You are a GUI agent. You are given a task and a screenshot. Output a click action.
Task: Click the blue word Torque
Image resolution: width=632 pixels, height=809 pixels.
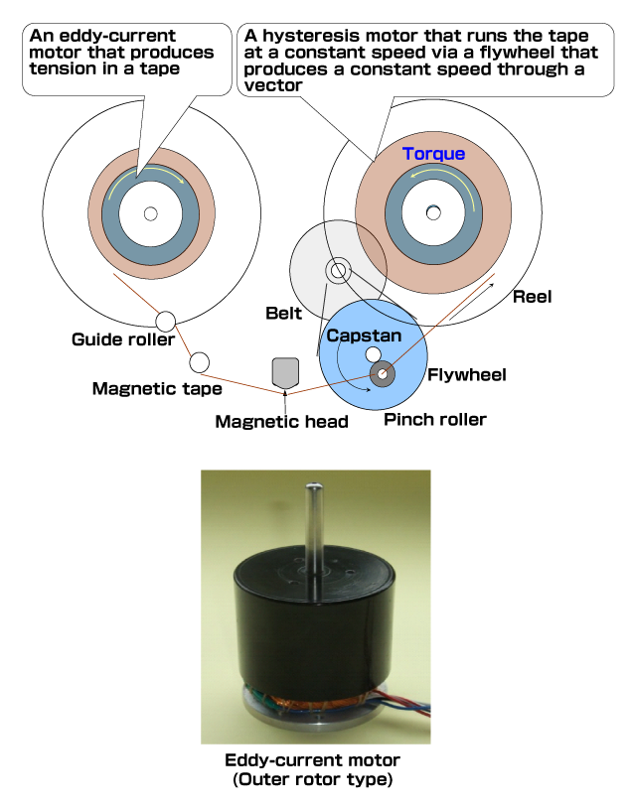[x=433, y=155]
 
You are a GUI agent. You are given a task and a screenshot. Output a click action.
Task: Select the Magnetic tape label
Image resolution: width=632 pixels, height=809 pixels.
[x=142, y=388]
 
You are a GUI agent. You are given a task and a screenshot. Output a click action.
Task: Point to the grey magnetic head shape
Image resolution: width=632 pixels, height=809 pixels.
[x=286, y=371]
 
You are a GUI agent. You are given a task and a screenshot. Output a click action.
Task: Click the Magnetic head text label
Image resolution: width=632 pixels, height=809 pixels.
[x=281, y=422]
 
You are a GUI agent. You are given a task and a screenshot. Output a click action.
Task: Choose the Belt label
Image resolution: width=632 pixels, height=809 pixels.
[x=283, y=314]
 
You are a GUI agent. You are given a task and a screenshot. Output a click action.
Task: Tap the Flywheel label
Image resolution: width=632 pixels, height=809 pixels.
[x=466, y=374]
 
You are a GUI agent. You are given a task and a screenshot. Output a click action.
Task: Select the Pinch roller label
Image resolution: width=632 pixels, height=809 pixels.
[x=435, y=420]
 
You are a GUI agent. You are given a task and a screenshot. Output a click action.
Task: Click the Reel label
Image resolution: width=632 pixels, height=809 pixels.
[x=532, y=296]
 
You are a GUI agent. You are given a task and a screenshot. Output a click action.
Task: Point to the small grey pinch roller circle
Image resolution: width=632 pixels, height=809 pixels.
[x=382, y=374]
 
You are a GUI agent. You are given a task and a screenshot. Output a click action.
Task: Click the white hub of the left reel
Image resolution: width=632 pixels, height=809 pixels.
[x=150, y=213]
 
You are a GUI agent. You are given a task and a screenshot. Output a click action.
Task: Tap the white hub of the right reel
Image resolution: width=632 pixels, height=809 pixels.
[x=433, y=212]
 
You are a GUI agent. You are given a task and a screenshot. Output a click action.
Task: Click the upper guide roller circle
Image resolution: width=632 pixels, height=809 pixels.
[x=165, y=322]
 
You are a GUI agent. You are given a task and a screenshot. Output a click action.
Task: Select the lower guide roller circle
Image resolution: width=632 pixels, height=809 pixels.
[x=200, y=360]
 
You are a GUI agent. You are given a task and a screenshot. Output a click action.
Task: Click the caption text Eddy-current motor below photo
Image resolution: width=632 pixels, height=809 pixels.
[x=312, y=760]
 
